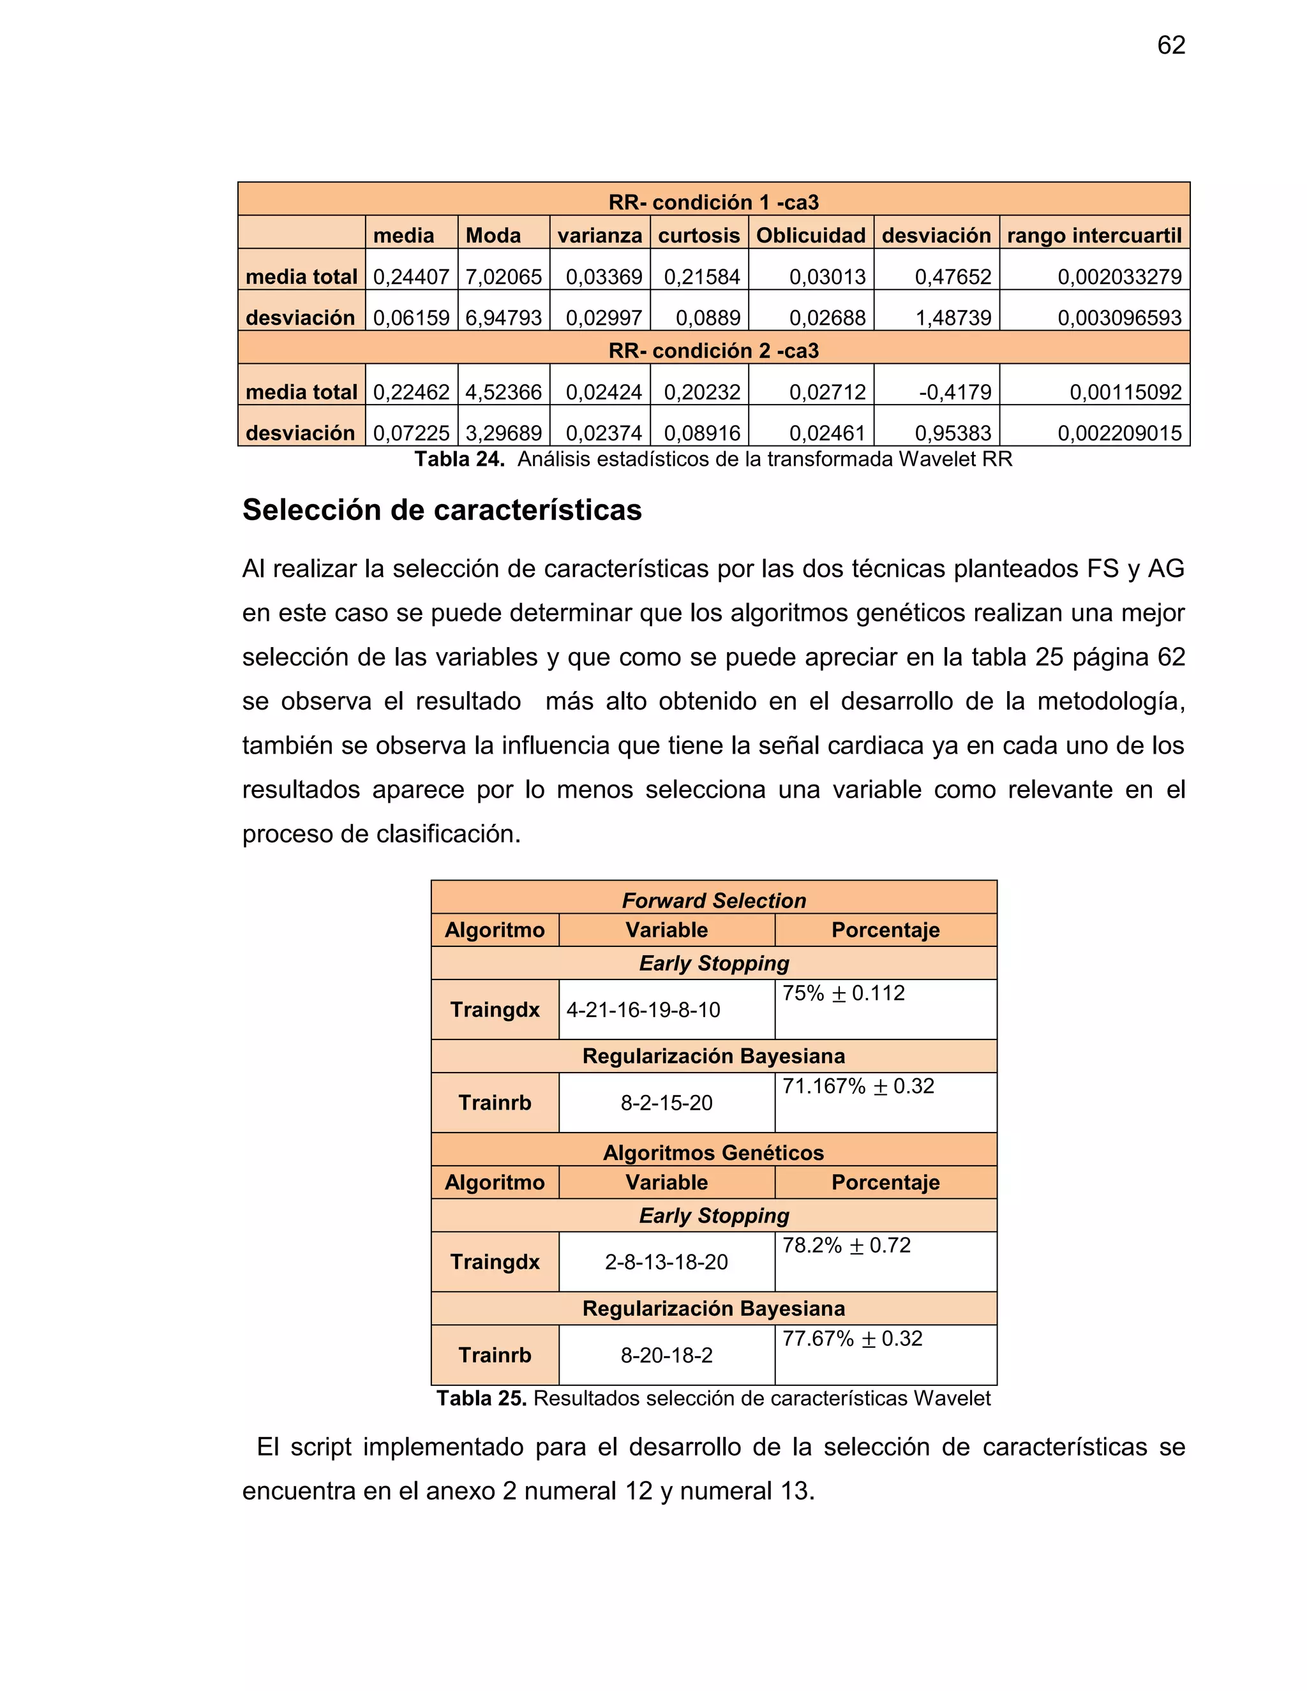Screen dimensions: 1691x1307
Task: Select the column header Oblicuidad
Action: click(x=810, y=235)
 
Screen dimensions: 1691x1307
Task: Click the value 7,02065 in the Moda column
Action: click(x=504, y=276)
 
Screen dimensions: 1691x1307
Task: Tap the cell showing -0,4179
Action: click(x=955, y=392)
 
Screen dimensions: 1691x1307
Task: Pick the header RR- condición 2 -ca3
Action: click(x=713, y=351)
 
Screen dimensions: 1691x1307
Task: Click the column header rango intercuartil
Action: click(x=1093, y=235)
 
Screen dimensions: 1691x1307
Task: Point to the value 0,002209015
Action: click(x=1119, y=433)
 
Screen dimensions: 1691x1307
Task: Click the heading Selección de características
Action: click(x=442, y=510)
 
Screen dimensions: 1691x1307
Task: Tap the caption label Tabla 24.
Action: click(x=459, y=459)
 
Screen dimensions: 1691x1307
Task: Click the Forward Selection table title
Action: click(x=713, y=900)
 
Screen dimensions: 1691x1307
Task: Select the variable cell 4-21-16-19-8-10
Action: click(x=643, y=1009)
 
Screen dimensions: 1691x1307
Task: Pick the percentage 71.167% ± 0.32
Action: click(x=858, y=1086)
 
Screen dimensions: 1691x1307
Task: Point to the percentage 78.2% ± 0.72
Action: click(x=846, y=1245)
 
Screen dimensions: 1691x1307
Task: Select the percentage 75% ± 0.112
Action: click(x=842, y=994)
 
